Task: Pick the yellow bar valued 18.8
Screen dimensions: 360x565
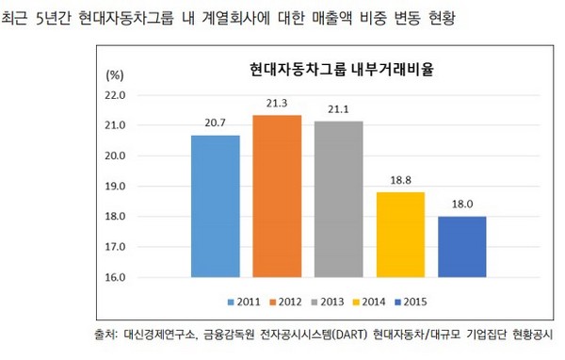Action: (x=401, y=235)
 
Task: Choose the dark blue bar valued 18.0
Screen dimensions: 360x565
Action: (x=462, y=247)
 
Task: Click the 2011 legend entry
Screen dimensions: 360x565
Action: (x=244, y=302)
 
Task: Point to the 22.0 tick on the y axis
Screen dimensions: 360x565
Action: (x=116, y=95)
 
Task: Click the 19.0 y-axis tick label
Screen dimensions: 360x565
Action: (x=116, y=187)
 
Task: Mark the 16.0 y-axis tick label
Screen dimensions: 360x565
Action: (x=116, y=278)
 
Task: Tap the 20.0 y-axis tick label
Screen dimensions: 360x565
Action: (x=116, y=156)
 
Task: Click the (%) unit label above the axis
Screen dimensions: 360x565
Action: (x=114, y=73)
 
